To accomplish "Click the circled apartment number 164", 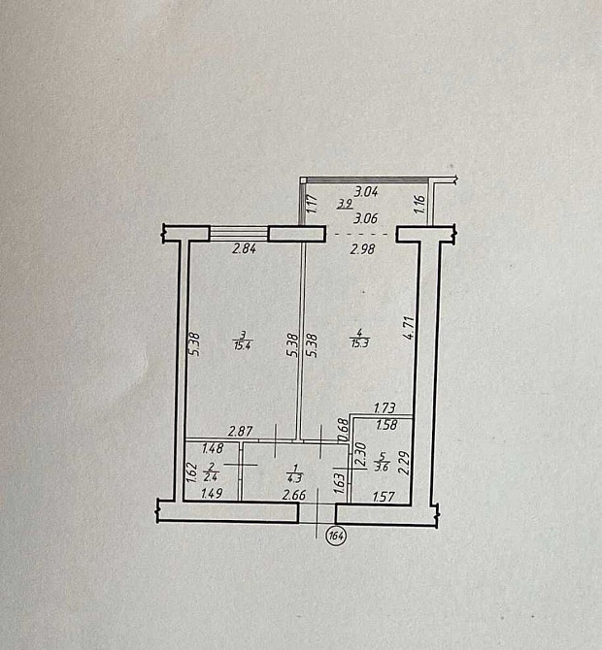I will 337,536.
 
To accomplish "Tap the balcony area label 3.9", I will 345,204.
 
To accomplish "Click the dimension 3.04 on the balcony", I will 366,192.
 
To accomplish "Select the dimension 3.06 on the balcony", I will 366,219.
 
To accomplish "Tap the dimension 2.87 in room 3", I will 241,430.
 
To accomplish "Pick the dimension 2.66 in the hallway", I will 294,497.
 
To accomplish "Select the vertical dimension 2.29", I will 404,460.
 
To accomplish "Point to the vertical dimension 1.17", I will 313,204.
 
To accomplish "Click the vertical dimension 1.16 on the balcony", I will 419,204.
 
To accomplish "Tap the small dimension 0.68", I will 343,426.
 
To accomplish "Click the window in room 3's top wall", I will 239,232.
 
